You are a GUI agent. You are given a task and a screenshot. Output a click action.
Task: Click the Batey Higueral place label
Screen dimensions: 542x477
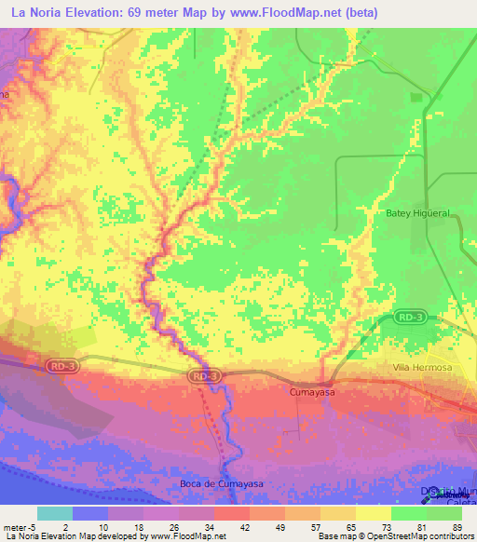pyautogui.click(x=417, y=213)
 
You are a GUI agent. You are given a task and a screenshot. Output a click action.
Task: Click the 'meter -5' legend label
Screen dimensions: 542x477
pyautogui.click(x=18, y=526)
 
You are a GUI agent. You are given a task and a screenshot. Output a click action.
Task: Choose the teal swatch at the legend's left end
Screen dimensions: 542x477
pyautogui.click(x=54, y=513)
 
